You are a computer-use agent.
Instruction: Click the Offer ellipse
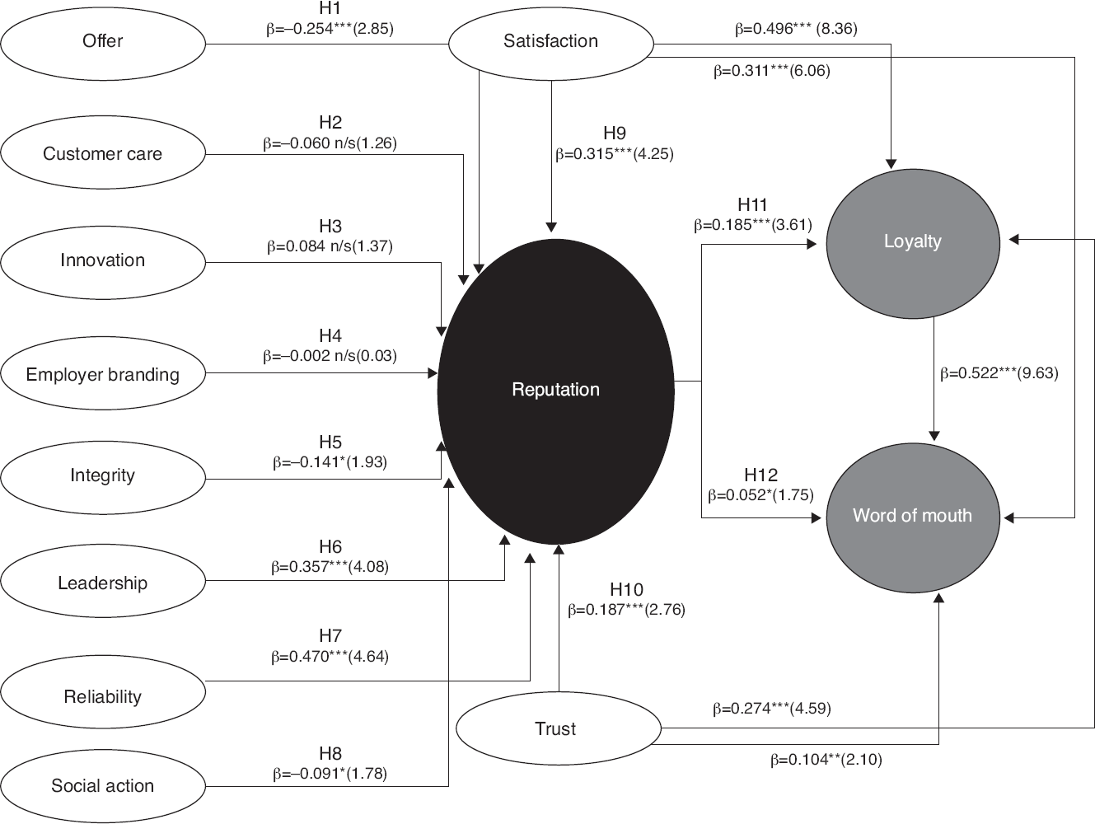coord(103,44)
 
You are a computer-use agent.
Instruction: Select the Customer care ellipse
coord(103,152)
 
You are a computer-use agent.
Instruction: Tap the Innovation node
coord(103,262)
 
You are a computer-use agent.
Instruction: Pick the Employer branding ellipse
coord(103,373)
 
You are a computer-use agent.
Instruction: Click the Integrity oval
coord(103,477)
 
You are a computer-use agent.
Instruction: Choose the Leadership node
coord(103,581)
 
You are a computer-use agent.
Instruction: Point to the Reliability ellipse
coord(103,691)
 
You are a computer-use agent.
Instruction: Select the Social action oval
coord(103,787)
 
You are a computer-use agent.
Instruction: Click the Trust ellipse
coord(559,728)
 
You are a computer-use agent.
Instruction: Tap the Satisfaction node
coord(551,44)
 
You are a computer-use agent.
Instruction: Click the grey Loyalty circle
coord(913,243)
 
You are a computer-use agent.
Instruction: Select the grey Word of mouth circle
coord(913,517)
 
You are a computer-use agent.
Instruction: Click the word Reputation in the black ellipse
coord(555,390)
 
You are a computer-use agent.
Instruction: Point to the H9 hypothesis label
coord(615,133)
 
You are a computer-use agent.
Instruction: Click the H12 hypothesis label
coord(760,475)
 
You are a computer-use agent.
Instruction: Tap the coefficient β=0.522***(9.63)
coord(999,373)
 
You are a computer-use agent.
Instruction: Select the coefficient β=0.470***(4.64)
coord(330,657)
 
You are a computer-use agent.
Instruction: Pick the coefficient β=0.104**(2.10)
coord(826,760)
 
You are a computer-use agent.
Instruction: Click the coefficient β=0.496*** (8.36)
coord(796,29)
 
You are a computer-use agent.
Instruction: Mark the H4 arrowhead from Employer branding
coord(433,373)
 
